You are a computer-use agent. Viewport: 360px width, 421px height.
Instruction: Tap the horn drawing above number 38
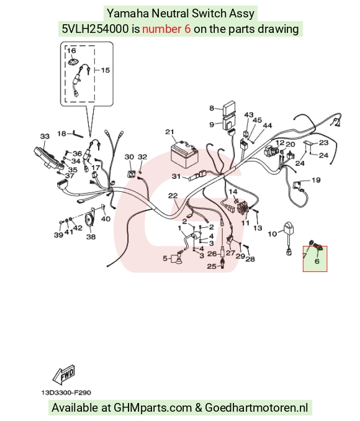tap(89, 218)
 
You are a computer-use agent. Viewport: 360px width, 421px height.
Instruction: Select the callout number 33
tap(45, 137)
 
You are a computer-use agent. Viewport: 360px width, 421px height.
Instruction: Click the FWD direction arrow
tap(64, 375)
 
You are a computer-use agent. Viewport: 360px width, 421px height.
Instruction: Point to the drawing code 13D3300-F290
tap(66, 393)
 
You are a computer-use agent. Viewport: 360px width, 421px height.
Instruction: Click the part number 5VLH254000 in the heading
tap(96, 29)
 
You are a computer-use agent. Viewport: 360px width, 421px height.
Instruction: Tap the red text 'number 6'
tap(166, 29)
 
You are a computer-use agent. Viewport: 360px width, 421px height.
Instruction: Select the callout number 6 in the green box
tap(317, 261)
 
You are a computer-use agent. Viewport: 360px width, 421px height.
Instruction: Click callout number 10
tap(272, 234)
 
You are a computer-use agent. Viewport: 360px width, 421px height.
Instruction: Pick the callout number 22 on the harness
tap(173, 196)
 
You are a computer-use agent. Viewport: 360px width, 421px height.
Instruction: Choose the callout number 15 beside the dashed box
tap(106, 70)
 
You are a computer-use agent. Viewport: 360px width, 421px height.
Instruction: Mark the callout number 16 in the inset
tap(71, 50)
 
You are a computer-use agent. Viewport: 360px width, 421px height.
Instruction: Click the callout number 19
tap(316, 180)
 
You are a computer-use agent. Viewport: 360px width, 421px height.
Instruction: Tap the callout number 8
tap(212, 108)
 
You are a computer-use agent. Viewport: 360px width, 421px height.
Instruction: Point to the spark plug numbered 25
tap(222, 263)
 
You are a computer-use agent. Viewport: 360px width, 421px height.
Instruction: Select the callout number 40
tap(106, 219)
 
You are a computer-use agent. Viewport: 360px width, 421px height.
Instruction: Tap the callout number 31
tap(176, 176)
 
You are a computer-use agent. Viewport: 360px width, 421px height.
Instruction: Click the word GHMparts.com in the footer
tap(153, 407)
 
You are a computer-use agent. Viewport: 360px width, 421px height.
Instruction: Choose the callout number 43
tap(249, 115)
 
